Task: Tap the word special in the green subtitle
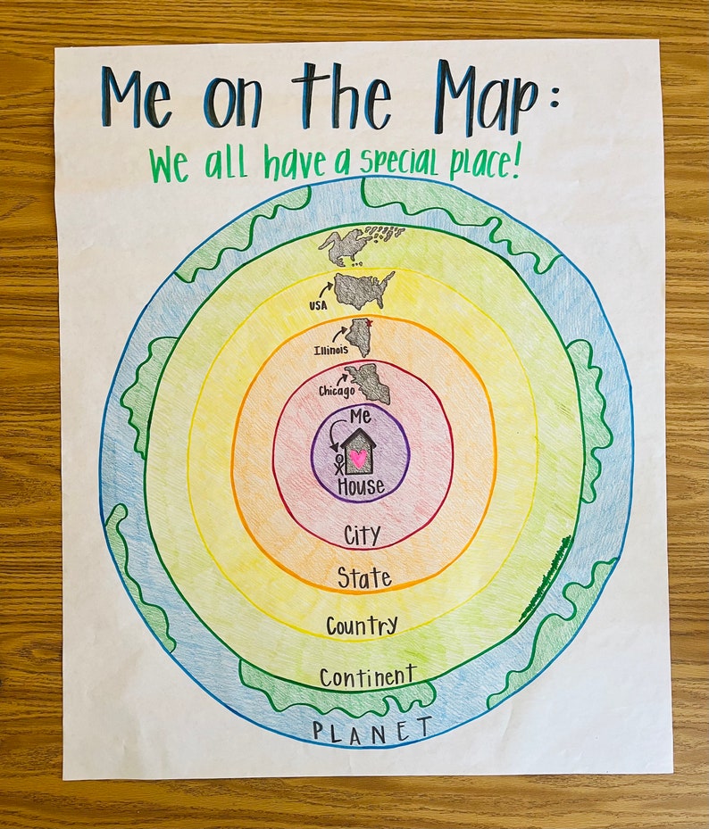[399, 162]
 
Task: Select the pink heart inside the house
[357, 458]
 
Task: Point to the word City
[362, 535]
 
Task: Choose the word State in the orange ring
[363, 578]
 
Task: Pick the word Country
[361, 626]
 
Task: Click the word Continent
[367, 676]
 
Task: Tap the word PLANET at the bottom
[371, 731]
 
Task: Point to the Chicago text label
[337, 392]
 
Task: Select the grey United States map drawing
[363, 290]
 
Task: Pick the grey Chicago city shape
[370, 382]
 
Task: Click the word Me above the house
[359, 417]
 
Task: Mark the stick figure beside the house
[338, 463]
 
